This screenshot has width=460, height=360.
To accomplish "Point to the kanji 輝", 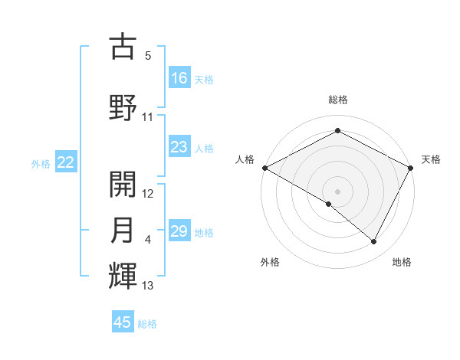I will (123, 276).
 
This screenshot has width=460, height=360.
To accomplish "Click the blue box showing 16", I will (179, 78).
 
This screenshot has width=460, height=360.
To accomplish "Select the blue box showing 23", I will (179, 147).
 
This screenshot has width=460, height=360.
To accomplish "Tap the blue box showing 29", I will (179, 231).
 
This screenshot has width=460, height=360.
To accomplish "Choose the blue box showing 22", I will (65, 162).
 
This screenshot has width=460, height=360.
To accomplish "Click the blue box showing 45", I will (123, 322).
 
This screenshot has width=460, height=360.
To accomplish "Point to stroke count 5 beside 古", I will (147, 56).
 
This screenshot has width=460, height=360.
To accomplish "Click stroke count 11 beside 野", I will (148, 117).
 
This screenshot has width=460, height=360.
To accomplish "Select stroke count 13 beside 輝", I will (148, 286).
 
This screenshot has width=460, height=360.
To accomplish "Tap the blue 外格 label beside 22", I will (41, 163).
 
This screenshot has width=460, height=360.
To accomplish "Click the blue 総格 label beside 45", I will (147, 324).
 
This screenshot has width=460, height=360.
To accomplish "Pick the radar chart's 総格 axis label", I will (337, 100).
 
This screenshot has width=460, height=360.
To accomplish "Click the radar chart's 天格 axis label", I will (431, 159).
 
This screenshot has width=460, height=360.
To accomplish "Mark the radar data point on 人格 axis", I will (264, 168).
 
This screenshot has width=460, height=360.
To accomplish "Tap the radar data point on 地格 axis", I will (374, 242).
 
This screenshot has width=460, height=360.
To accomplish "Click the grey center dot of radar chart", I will (337, 191).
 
